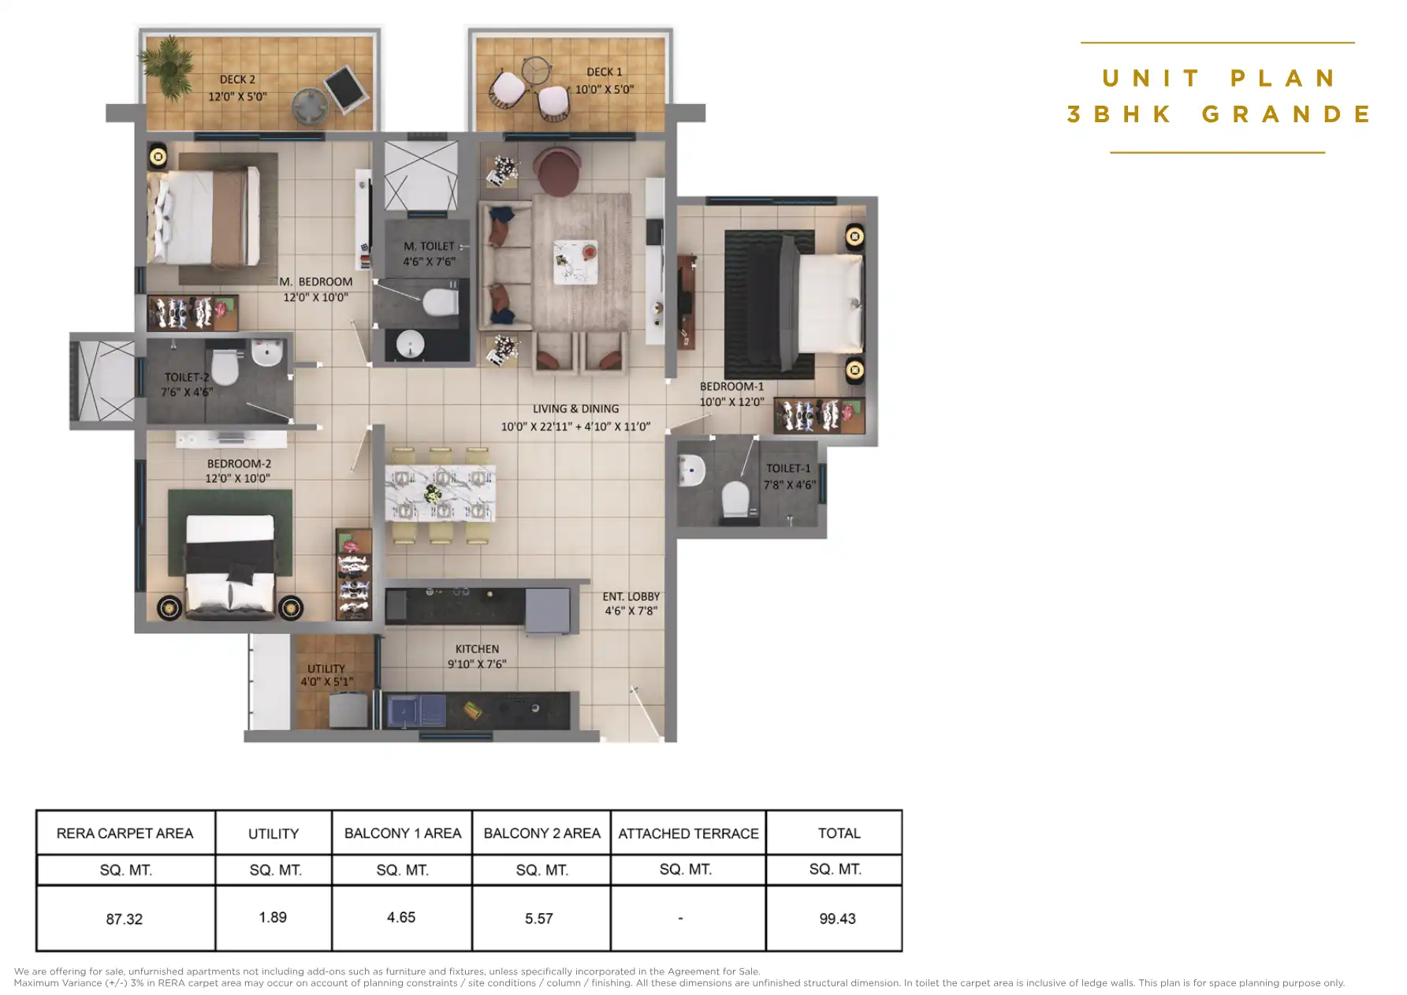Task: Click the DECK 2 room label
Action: pyautogui.click(x=237, y=80)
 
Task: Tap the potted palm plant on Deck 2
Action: pyautogui.click(x=167, y=61)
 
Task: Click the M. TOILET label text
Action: pyautogui.click(x=429, y=246)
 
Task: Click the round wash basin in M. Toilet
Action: pyautogui.click(x=410, y=344)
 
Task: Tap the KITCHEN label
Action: pyautogui.click(x=477, y=649)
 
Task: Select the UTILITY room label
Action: pyautogui.click(x=326, y=669)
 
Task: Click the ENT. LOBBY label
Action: pyautogui.click(x=631, y=597)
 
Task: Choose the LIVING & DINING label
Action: pyautogui.click(x=575, y=408)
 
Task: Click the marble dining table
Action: pyautogui.click(x=440, y=493)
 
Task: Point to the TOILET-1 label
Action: pyautogui.click(x=787, y=468)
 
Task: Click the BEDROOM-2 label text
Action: pyautogui.click(x=239, y=464)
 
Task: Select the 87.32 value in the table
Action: pyautogui.click(x=125, y=919)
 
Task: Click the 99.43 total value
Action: pyautogui.click(x=837, y=919)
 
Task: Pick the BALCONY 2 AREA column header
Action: pyautogui.click(x=542, y=833)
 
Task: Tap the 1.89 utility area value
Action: pyautogui.click(x=273, y=918)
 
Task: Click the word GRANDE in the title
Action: pyautogui.click(x=1286, y=114)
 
